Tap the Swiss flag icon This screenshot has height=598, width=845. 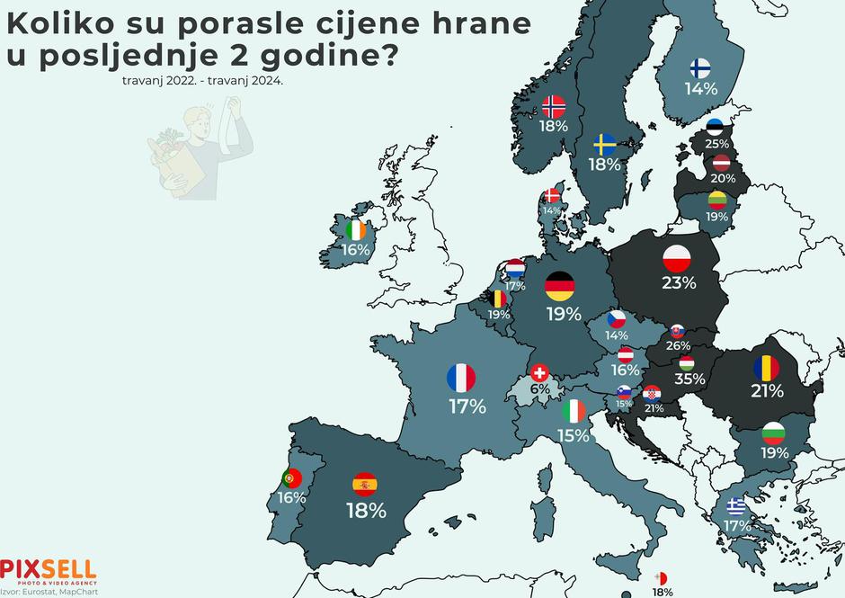pyautogui.click(x=539, y=372)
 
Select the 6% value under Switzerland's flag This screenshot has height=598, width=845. pyautogui.click(x=539, y=390)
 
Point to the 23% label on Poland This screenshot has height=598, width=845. pyautogui.click(x=679, y=282)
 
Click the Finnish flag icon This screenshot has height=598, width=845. pyautogui.click(x=700, y=68)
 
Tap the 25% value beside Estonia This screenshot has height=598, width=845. pyautogui.click(x=716, y=144)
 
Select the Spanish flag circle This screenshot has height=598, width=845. pyautogui.click(x=365, y=484)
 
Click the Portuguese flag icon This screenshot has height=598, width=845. pyautogui.click(x=291, y=478)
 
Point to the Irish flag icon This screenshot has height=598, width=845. pyautogui.click(x=356, y=230)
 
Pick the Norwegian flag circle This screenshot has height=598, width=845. pyautogui.click(x=554, y=107)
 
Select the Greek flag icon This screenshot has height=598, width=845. pyautogui.click(x=736, y=505)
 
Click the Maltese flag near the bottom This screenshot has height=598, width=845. pyautogui.click(x=662, y=577)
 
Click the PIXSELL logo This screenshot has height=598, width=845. pyautogui.click(x=48, y=569)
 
